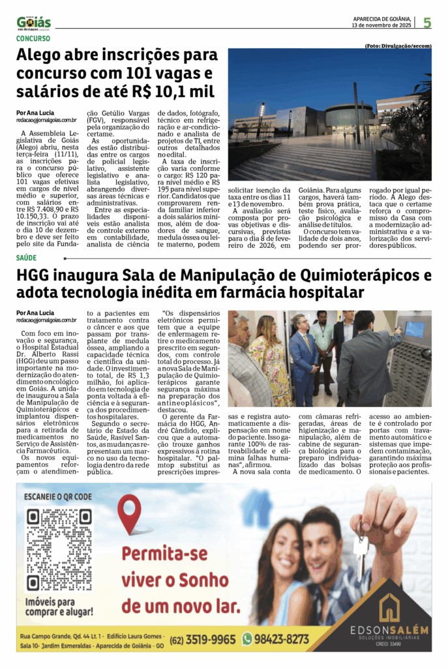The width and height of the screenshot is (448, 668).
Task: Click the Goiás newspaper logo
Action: pos(34,23)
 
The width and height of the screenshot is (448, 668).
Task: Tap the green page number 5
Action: pos(427,23)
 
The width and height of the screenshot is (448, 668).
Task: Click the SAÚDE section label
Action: pos(27,258)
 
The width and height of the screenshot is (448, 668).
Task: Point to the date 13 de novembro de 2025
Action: pos(381,25)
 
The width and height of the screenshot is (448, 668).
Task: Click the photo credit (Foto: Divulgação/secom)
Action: pos(398,46)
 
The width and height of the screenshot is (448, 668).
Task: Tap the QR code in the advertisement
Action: pos(59,549)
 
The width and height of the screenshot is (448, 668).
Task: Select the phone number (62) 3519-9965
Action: pos(203,639)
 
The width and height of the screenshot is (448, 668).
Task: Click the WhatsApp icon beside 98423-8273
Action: pos(247,639)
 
